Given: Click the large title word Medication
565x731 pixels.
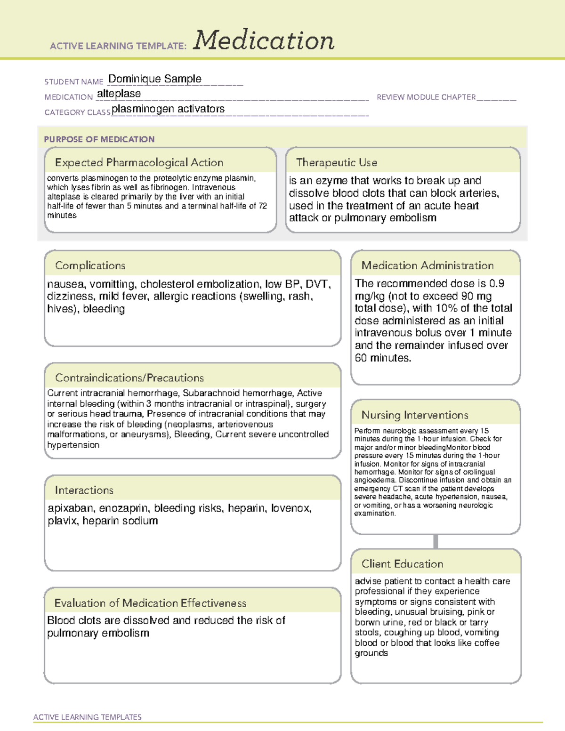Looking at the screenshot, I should coord(264,40).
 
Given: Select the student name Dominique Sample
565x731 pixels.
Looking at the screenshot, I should coord(154,79).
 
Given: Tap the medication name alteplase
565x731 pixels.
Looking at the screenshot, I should coord(119,94).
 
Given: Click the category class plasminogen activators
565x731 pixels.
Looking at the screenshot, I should coord(168,109).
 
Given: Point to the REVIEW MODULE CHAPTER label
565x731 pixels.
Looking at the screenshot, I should coord(426,97).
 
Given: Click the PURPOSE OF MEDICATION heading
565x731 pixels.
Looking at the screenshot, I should coord(99,139).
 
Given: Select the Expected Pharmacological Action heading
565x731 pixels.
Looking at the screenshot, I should coord(139,162).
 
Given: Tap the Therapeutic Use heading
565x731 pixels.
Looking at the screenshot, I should coord(336,162).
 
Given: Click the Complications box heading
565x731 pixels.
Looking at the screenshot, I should coord(90,265).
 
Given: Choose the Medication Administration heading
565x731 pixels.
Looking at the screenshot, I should coord(427,265).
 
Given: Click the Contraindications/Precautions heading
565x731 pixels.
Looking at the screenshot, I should coord(129,378).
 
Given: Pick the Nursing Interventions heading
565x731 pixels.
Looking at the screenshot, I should coord(414,415).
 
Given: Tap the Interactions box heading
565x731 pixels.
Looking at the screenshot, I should coord(84,490).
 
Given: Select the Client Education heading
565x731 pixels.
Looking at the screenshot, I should coord(402,563).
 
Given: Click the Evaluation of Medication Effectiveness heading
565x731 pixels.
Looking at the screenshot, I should coord(150,603).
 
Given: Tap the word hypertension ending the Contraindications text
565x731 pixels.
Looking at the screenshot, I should coord(73,445).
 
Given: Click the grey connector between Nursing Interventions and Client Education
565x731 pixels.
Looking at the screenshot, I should coord(436,541).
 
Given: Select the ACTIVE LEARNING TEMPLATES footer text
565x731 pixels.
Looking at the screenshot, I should coord(87,717).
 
